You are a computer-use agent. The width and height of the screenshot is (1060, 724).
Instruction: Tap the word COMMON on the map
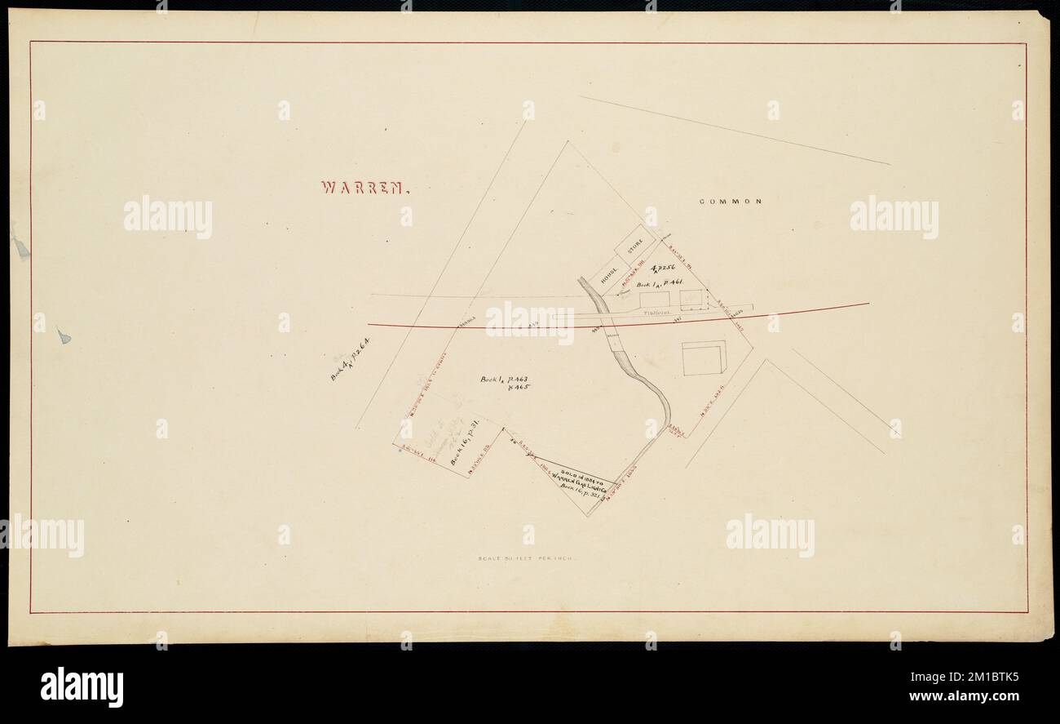point(730,202)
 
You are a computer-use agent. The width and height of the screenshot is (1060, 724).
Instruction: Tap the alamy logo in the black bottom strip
point(82,686)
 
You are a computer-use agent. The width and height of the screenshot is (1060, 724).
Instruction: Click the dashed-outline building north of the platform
point(691,300)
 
